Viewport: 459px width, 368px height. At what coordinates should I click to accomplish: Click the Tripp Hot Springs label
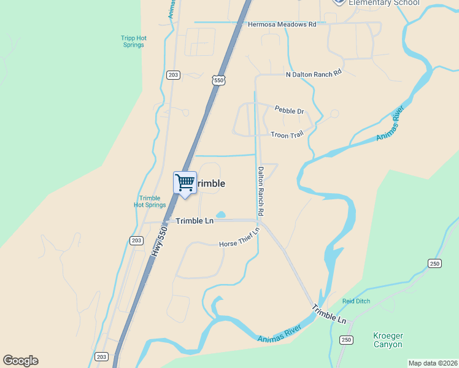(133, 41)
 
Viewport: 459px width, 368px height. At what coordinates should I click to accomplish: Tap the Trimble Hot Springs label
(150, 202)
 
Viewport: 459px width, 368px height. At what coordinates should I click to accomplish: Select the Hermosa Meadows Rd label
(282, 25)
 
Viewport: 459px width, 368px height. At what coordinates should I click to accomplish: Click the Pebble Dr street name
(289, 111)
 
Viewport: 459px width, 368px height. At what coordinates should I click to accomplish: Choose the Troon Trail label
(287, 134)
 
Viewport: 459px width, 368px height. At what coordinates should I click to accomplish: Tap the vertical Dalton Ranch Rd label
(261, 191)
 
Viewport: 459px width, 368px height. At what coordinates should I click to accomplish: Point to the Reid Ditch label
(357, 302)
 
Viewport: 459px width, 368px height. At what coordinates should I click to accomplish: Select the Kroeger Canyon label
(388, 340)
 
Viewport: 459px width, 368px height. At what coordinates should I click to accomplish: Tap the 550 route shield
(219, 80)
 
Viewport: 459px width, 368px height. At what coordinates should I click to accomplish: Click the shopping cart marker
(185, 183)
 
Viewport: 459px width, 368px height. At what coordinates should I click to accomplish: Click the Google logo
(20, 361)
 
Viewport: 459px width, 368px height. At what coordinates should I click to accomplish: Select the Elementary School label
(384, 3)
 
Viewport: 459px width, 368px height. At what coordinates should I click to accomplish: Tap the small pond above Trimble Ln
(221, 215)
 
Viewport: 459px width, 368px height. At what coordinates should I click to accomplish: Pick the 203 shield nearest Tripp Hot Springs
(173, 75)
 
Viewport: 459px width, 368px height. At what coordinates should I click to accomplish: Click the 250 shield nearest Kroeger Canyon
(346, 340)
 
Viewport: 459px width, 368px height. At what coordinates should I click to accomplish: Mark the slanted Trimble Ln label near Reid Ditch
(329, 314)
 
